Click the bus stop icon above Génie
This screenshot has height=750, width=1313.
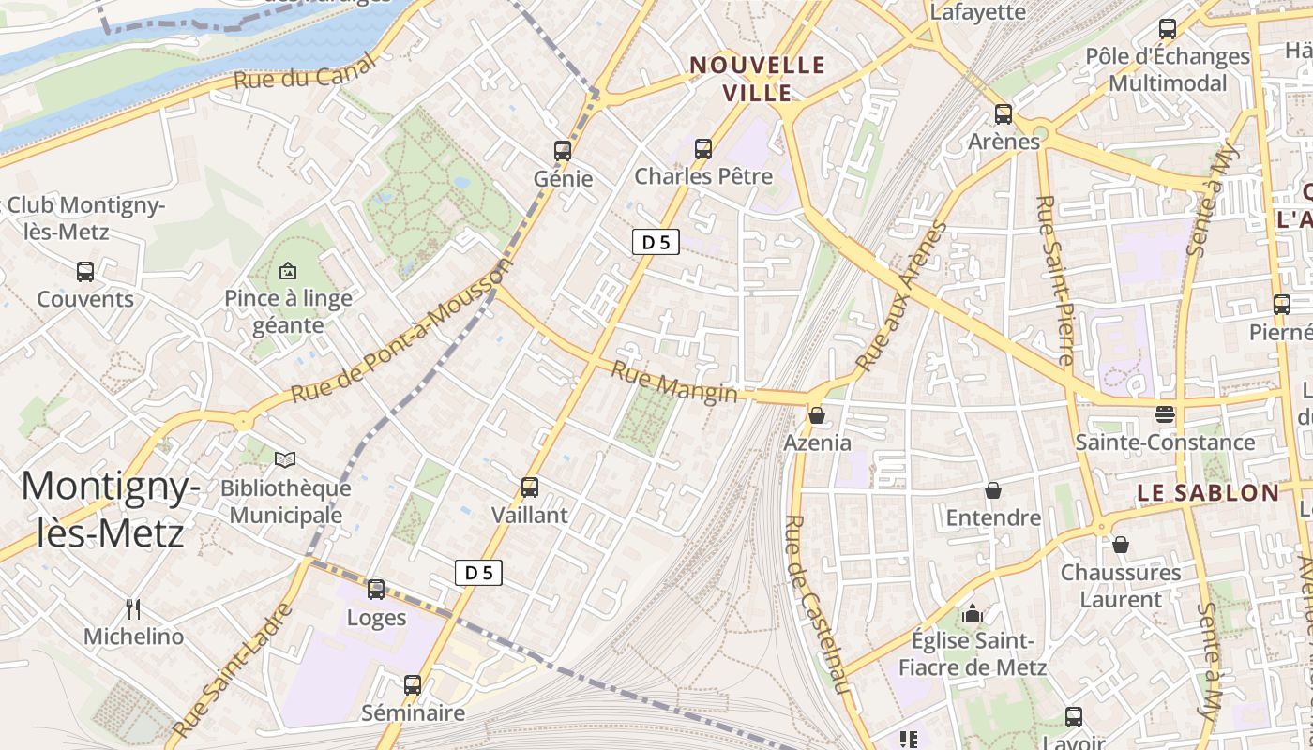(x=563, y=150)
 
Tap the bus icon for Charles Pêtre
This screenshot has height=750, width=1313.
(x=703, y=148)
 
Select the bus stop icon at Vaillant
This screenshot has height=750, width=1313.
(x=530, y=487)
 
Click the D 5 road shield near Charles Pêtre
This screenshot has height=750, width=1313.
(x=656, y=243)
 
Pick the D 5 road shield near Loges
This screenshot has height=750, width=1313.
(x=478, y=573)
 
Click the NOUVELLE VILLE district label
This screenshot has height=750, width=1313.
(x=758, y=79)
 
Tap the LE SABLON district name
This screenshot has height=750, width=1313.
(x=1208, y=493)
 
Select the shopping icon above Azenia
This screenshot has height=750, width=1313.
(x=817, y=414)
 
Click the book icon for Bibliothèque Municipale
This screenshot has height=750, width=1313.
(x=285, y=460)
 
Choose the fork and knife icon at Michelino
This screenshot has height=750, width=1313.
(x=133, y=609)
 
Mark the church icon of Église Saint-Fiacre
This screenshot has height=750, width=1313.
(x=973, y=613)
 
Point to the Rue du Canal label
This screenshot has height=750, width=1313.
(x=304, y=72)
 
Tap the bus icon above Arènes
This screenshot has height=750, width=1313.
(x=1004, y=114)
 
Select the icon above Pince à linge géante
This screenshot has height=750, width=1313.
(x=288, y=271)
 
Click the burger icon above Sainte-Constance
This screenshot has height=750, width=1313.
(x=1165, y=414)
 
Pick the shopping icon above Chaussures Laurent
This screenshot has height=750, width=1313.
(x=1120, y=545)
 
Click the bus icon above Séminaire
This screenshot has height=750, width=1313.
(x=413, y=685)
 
